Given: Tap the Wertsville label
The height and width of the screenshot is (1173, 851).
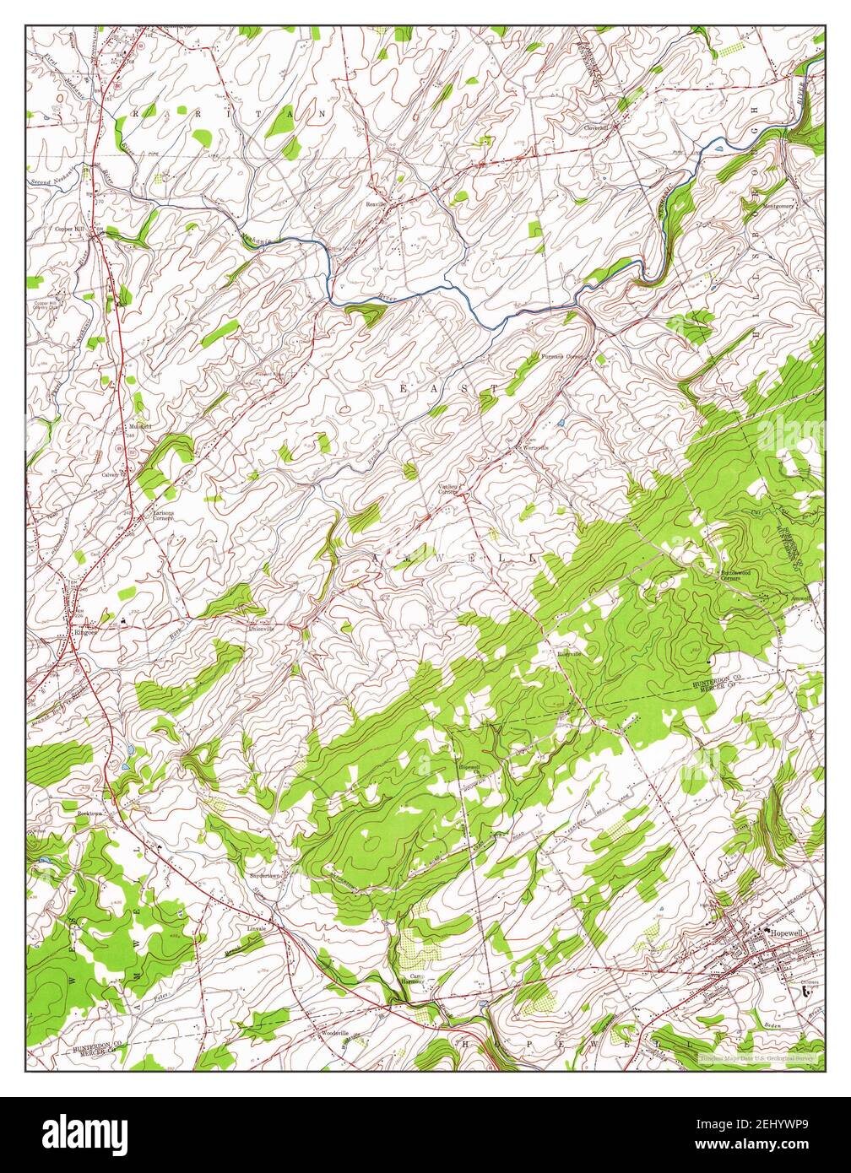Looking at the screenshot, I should [x=536, y=447].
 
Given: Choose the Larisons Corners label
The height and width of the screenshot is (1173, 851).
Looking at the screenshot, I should [x=163, y=515].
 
